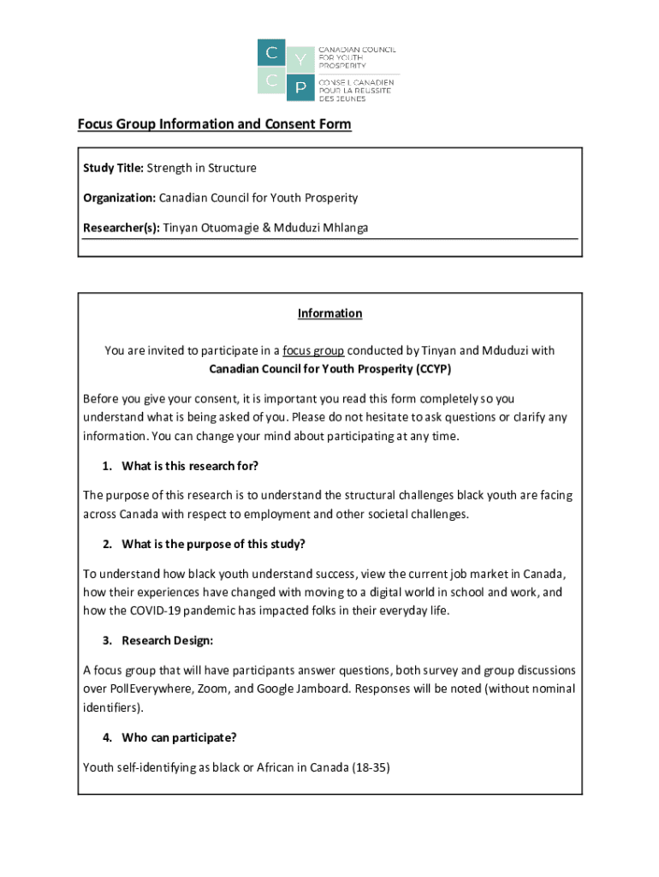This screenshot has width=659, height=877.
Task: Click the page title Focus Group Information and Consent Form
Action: click(214, 124)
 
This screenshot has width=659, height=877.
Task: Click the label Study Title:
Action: click(113, 168)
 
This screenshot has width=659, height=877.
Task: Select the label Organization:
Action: click(119, 198)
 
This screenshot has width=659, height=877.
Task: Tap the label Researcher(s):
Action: click(121, 228)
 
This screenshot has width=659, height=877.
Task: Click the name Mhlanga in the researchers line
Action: click(344, 228)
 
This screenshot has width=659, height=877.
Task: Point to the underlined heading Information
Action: click(329, 313)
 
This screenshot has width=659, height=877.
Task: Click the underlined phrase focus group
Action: click(313, 350)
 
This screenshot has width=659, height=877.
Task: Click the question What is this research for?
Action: click(190, 466)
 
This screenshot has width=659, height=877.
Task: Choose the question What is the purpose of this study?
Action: click(213, 544)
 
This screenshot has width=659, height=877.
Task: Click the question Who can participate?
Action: click(179, 737)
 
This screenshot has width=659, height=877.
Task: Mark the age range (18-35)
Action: click(371, 767)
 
